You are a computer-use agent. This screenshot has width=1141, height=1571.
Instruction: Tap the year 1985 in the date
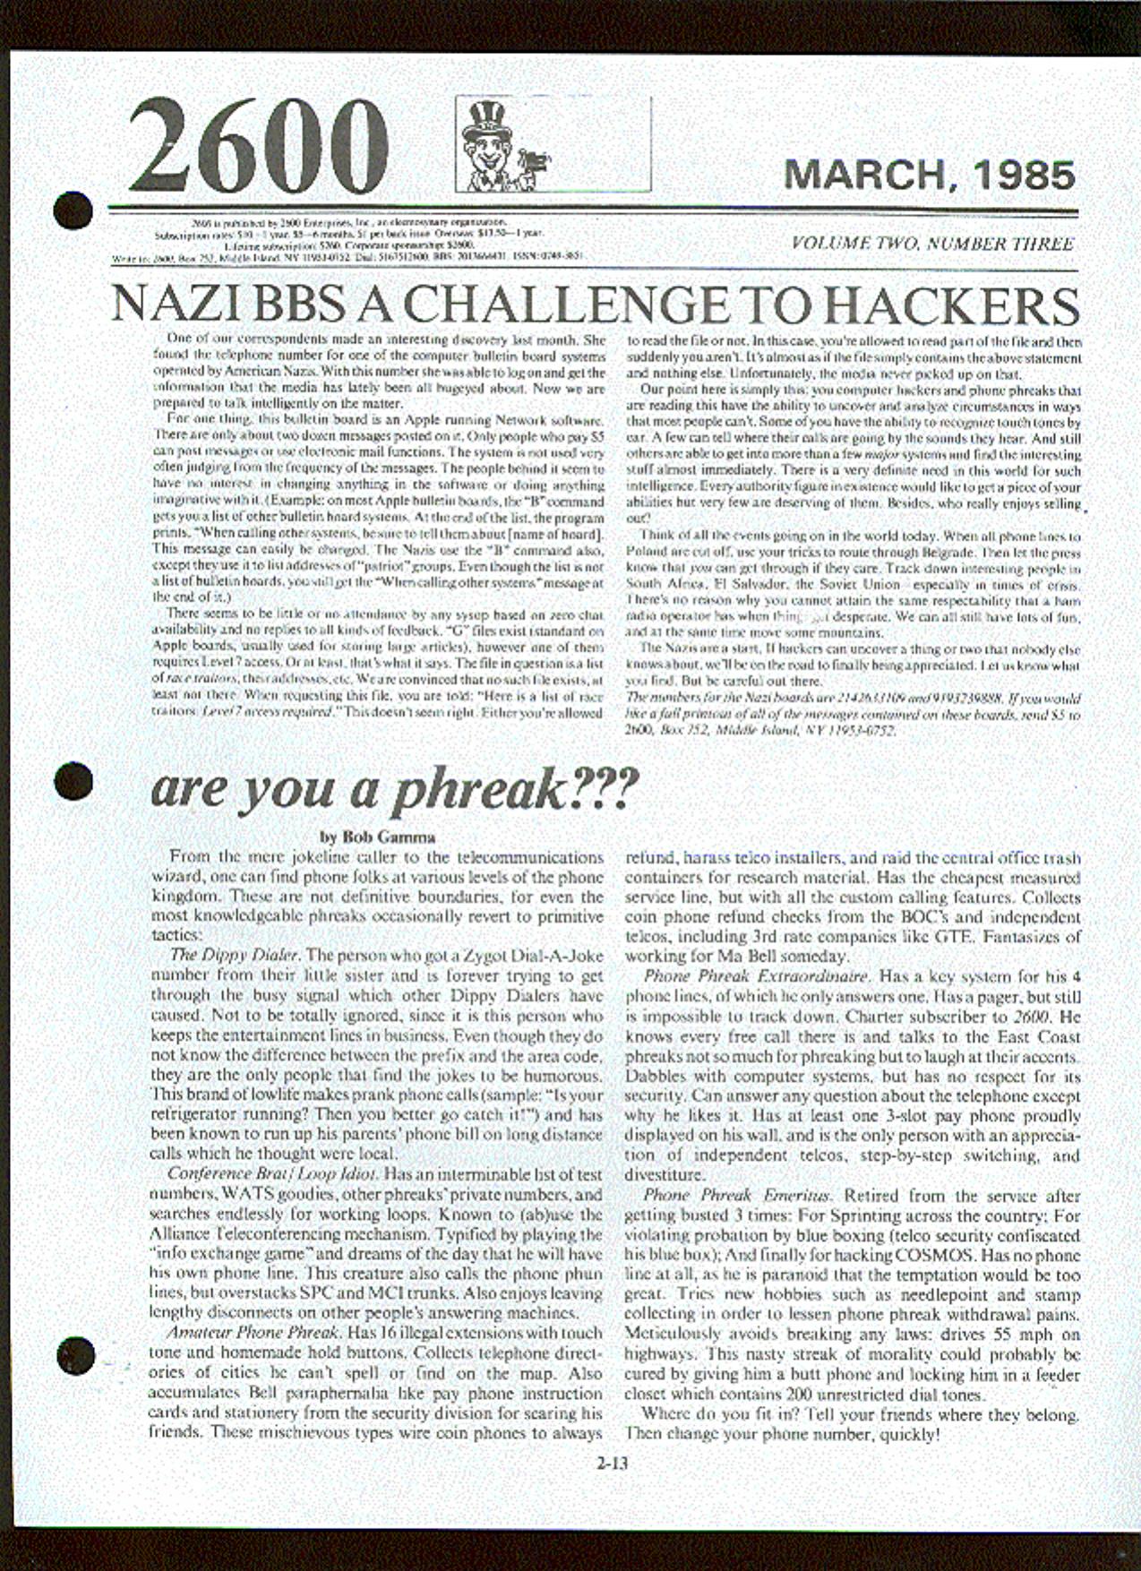click(1026, 175)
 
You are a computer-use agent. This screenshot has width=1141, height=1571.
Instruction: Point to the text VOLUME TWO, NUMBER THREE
click(932, 244)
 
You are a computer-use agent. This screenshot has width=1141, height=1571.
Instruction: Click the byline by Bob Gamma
click(377, 837)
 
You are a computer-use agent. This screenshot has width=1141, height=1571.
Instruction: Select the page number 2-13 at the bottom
click(613, 1465)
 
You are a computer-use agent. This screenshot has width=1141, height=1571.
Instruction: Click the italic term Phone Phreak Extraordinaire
click(755, 975)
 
